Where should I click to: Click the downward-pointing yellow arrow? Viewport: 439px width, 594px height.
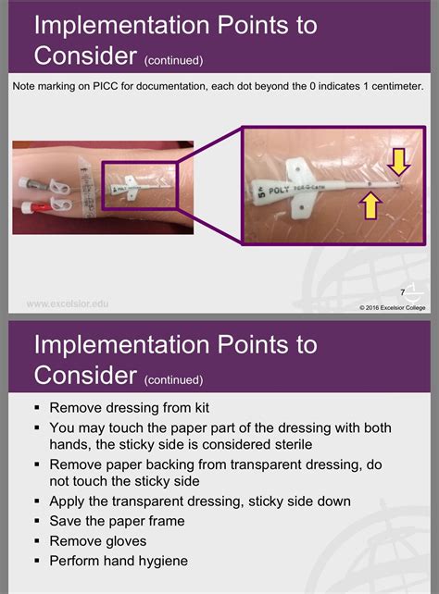pos(398,163)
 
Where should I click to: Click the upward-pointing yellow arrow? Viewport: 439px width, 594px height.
pos(370,204)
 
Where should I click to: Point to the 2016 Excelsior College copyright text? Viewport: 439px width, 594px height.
pos(380,307)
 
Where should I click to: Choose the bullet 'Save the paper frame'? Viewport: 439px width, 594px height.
pos(117,520)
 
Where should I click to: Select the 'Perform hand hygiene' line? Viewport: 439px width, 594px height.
pos(118,561)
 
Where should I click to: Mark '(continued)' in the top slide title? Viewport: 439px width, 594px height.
pos(174,61)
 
